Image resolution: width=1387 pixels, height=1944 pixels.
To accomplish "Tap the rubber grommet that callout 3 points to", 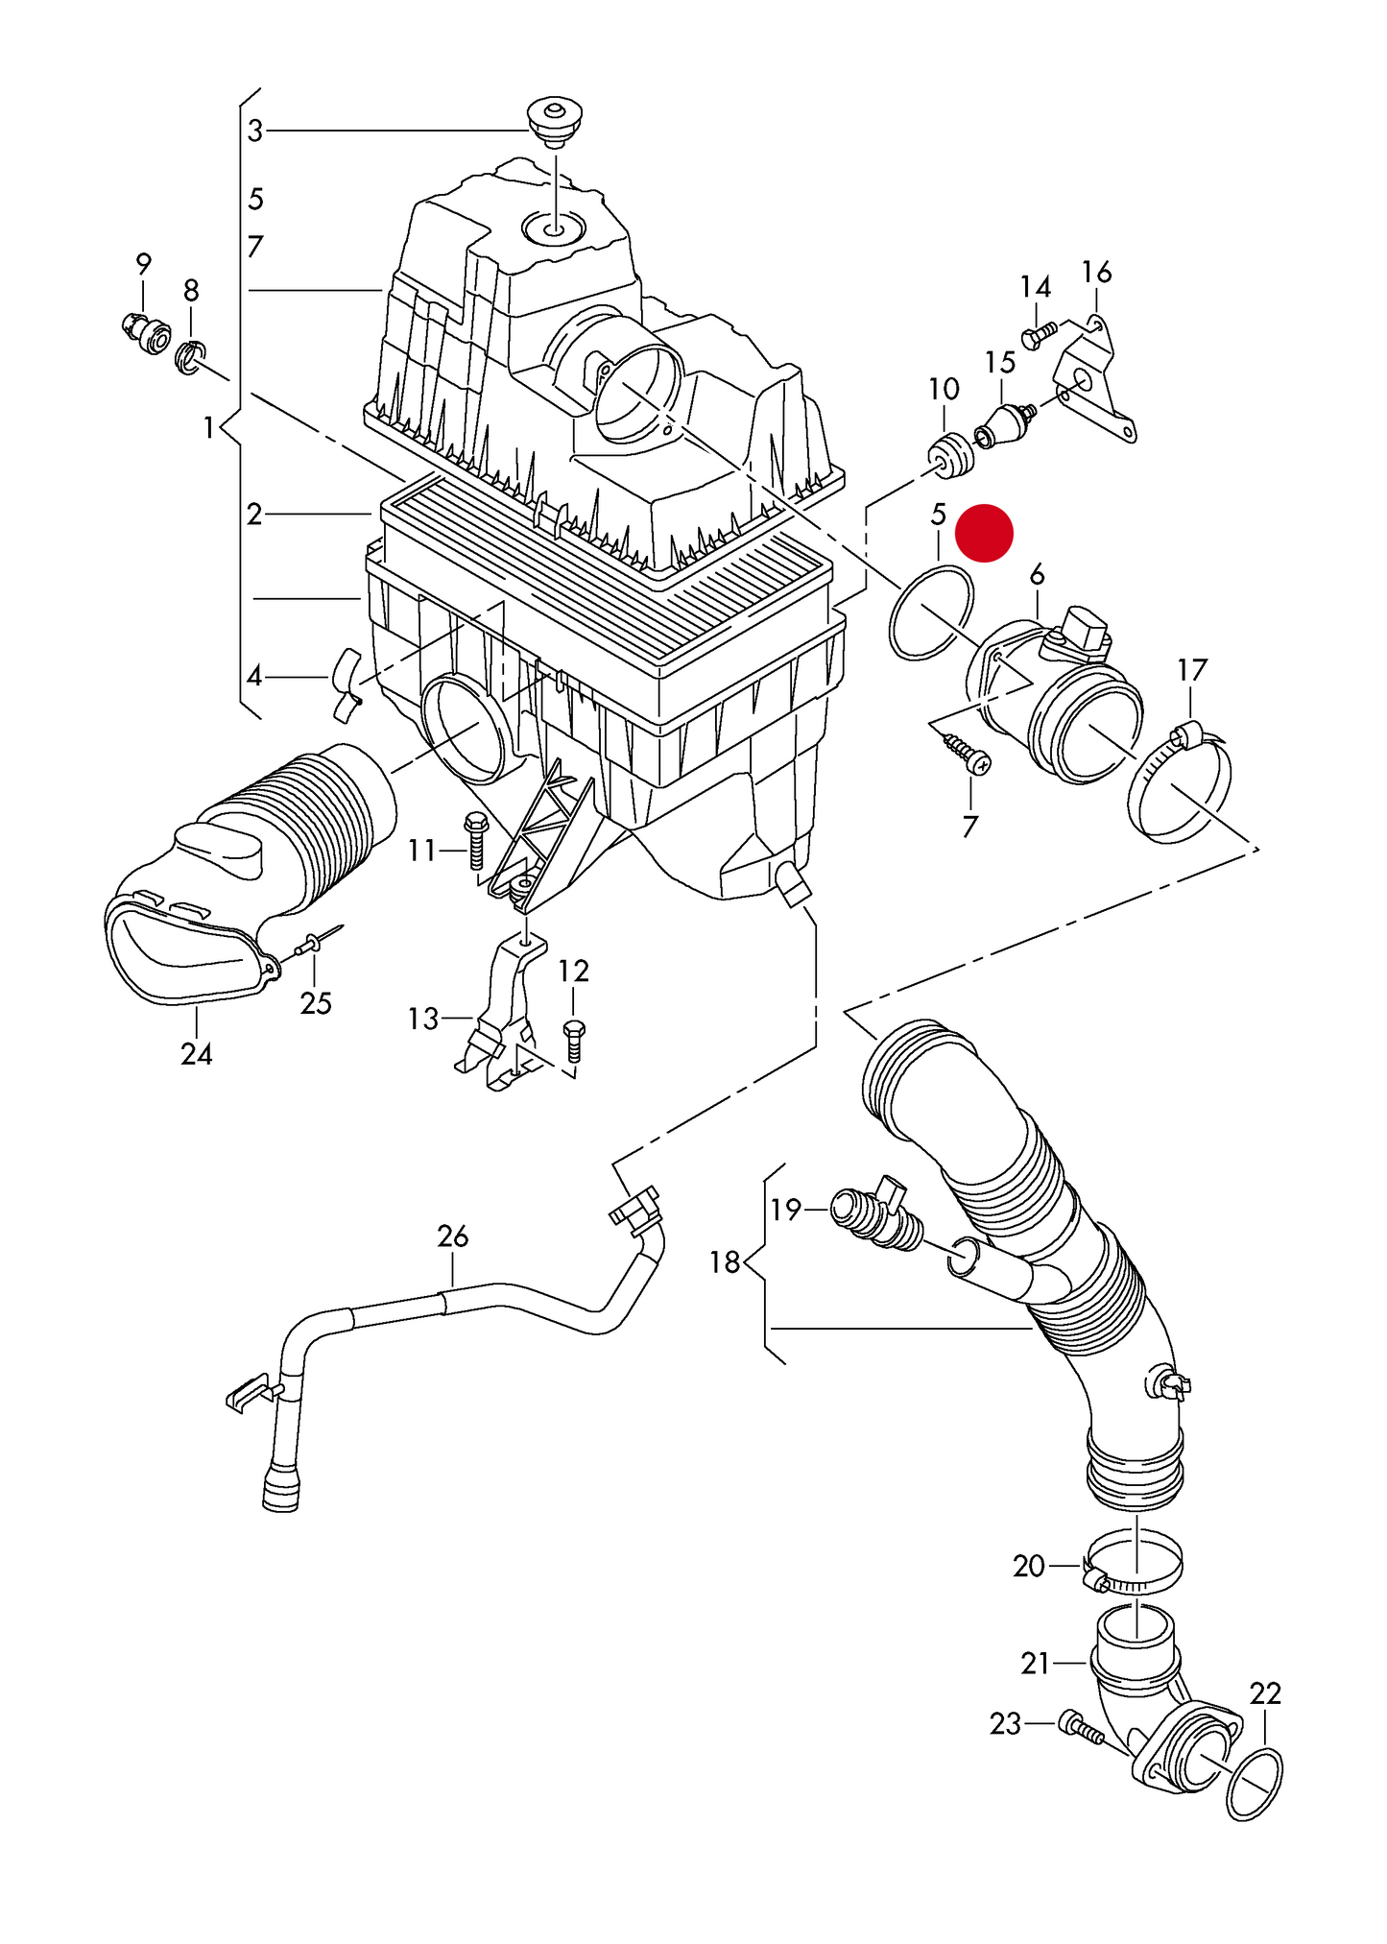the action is point(556,120).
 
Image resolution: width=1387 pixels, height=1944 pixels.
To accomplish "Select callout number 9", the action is point(143,263).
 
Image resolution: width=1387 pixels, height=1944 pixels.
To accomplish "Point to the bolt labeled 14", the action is point(1038,335).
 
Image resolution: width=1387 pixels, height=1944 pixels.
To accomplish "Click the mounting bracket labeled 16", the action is point(1095,381).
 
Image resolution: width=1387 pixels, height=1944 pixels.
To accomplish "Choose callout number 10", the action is point(944,389).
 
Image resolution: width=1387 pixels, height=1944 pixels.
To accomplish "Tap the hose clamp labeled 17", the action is point(1180,784).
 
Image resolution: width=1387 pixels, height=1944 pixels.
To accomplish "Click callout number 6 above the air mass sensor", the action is point(1037,575).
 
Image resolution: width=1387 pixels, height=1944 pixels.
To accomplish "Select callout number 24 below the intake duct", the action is point(197,1053).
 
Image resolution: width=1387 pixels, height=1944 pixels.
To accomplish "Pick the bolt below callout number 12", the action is point(573,1042).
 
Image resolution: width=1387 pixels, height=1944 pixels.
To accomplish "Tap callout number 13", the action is point(423,1019).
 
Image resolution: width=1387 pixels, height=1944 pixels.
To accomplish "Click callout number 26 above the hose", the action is point(453,1236).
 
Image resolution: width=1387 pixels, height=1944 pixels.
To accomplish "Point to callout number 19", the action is point(785,1210).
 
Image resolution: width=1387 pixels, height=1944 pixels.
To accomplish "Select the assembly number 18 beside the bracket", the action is point(725,1261).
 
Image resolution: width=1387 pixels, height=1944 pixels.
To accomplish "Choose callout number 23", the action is point(1005,1724).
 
